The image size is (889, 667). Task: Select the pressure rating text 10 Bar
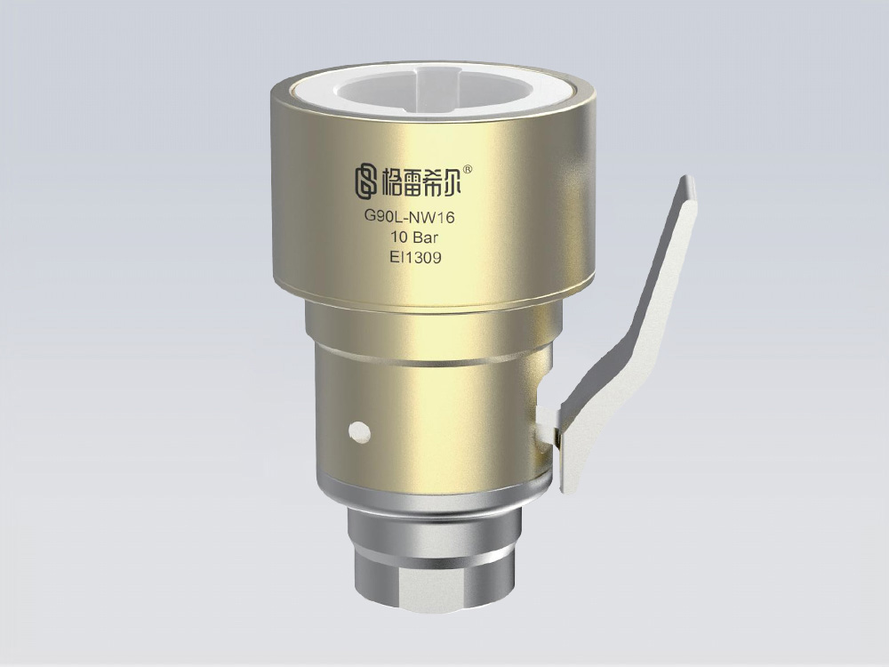click(x=411, y=237)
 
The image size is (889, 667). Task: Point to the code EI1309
click(x=411, y=258)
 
